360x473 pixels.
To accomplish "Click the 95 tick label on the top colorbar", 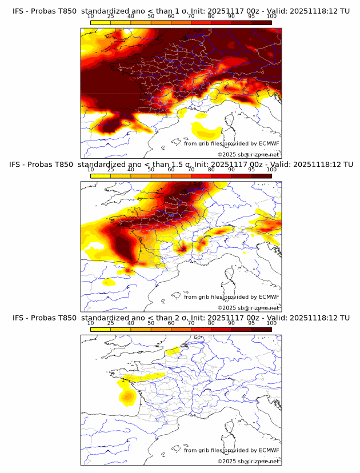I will click(251, 16).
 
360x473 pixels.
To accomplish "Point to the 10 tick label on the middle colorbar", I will click(90, 170).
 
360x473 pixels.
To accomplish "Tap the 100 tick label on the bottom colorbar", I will click(271, 323).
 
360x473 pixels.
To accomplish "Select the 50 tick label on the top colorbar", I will click(151, 16).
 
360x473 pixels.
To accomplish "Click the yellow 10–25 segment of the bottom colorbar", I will click(100, 330).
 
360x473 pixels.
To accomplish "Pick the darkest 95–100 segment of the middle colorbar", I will click(261, 176).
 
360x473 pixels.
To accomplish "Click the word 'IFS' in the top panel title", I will click(19, 10).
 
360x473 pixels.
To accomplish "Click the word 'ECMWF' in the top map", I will click(269, 143).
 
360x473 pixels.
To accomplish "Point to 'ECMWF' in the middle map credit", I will click(269, 296).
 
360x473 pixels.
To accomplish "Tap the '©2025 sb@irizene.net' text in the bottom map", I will click(248, 461).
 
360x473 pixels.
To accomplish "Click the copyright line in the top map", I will click(248, 154).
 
